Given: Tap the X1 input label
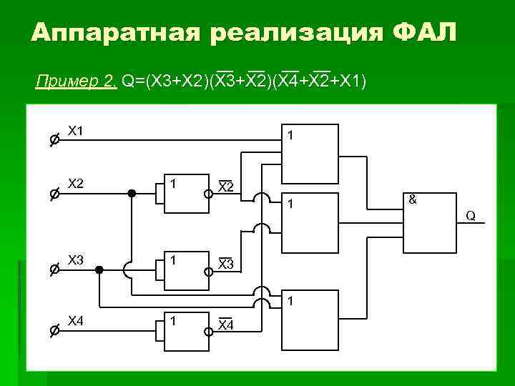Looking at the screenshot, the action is click(x=75, y=131).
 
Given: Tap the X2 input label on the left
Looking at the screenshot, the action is click(x=75, y=184).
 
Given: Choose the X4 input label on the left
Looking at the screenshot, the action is click(x=75, y=321).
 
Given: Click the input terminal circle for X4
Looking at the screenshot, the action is click(x=54, y=330).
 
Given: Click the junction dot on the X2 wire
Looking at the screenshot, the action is click(x=132, y=193).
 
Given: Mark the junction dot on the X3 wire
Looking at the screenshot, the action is click(x=99, y=270).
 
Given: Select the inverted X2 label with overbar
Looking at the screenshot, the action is click(x=225, y=187).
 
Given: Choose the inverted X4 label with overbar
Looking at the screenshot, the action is click(x=225, y=325).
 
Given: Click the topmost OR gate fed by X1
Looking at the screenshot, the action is click(x=310, y=153).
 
